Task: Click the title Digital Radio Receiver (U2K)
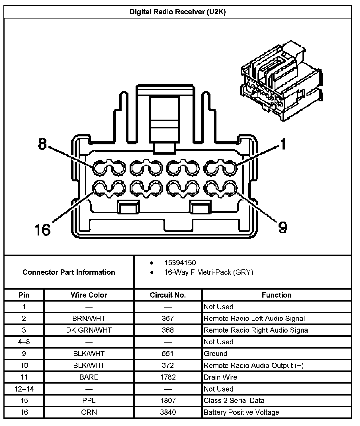tap(177, 12)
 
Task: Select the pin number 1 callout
tap(282, 144)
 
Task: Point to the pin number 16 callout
tap(42, 230)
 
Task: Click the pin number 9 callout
tap(282, 227)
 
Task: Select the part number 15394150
tap(180, 263)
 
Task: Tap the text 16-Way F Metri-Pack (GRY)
tap(208, 272)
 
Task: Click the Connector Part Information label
tap(69, 272)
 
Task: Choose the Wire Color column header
tap(89, 295)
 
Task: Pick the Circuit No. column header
tap(168, 295)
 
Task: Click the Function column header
tap(277, 295)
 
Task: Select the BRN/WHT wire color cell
tap(89, 318)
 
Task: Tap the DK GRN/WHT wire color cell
tap(89, 330)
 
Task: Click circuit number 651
tap(168, 354)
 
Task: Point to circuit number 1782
tap(168, 377)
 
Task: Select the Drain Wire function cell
tap(220, 377)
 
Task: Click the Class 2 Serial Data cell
tap(234, 400)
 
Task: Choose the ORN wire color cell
tap(89, 412)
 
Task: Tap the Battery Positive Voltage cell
tap(241, 412)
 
